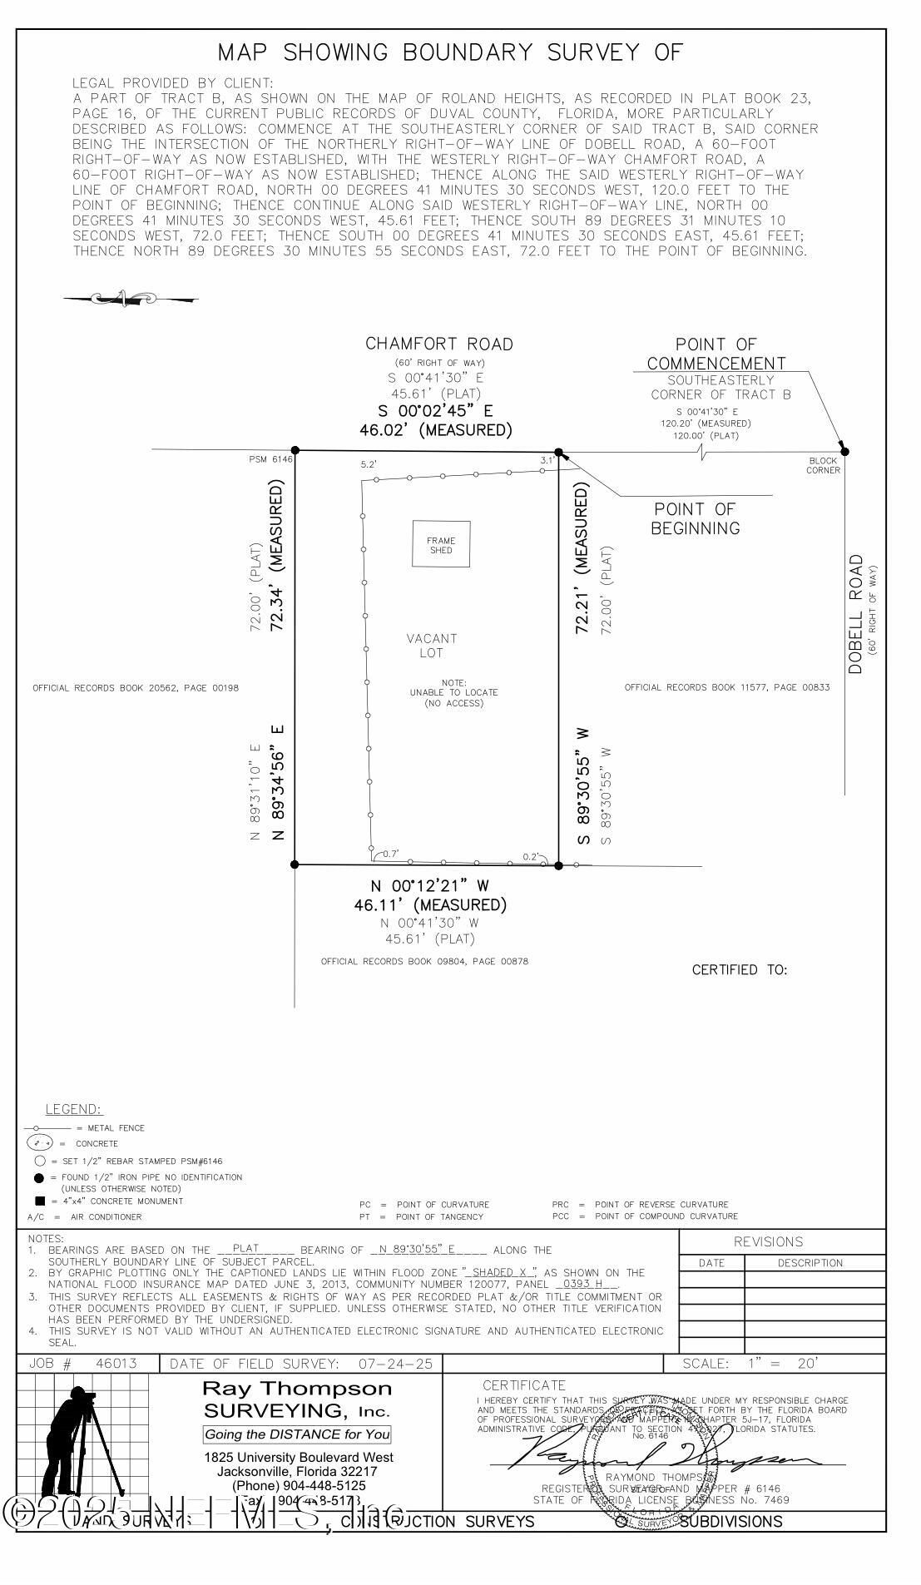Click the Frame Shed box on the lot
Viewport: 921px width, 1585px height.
point(441,545)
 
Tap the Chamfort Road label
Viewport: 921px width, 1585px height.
point(439,344)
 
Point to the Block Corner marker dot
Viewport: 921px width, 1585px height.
point(844,452)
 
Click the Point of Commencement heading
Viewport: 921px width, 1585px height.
point(716,354)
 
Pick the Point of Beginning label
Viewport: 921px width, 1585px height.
point(696,518)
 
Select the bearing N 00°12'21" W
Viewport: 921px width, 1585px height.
point(428,885)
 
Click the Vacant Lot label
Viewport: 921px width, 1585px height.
point(432,646)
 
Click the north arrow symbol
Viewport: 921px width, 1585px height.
point(130,298)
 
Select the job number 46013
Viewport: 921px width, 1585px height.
point(116,1364)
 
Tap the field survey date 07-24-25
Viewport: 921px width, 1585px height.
point(396,1364)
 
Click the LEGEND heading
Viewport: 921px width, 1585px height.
point(73,1109)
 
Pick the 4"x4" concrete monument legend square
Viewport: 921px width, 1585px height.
point(40,1201)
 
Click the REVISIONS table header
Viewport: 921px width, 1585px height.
point(768,1242)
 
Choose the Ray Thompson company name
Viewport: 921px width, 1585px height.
point(297,1389)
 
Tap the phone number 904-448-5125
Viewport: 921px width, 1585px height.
point(299,1485)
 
